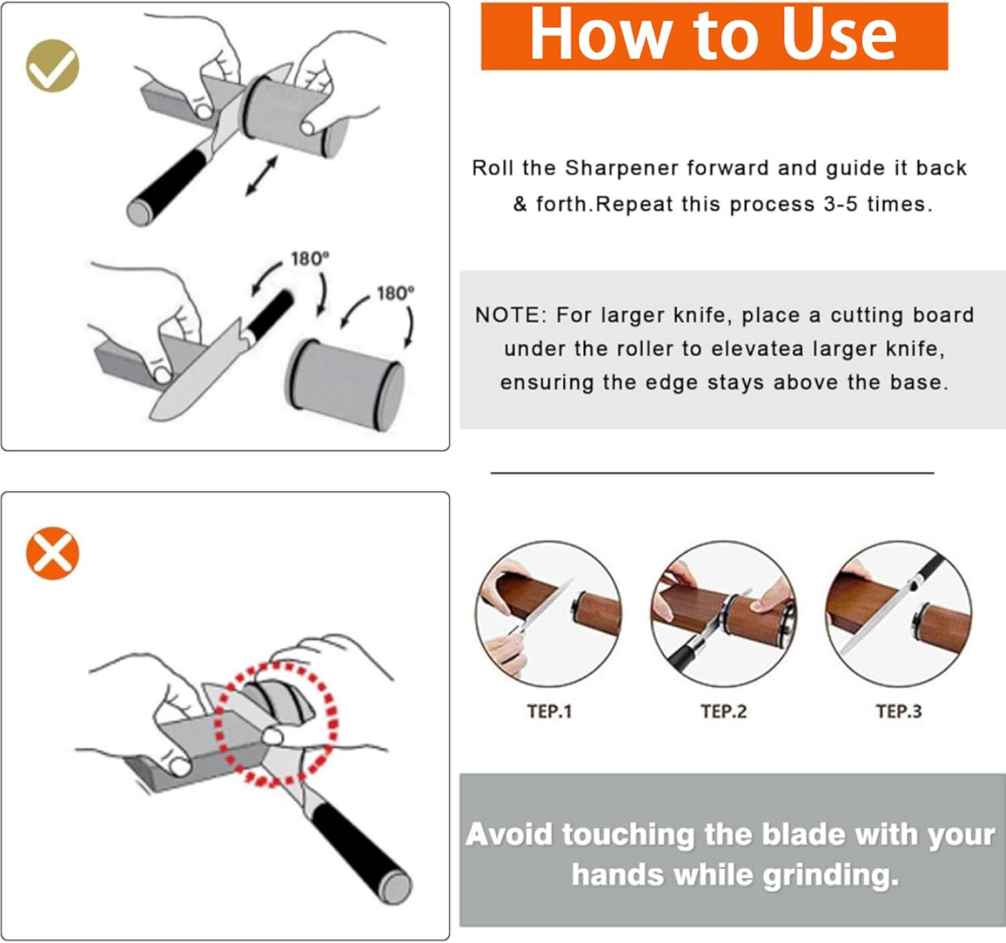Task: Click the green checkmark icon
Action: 52,66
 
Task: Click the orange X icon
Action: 52,553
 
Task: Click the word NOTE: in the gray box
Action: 511,315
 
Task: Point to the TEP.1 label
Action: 549,712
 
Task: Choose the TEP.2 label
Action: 724,712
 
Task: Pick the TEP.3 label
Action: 899,712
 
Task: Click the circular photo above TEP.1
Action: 549,614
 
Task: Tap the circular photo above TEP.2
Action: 724,614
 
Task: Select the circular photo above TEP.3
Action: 899,614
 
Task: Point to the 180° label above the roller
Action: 395,294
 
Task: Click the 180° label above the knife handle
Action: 309,259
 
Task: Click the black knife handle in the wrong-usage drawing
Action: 359,848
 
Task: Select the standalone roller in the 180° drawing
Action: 346,384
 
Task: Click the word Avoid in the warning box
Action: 510,835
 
